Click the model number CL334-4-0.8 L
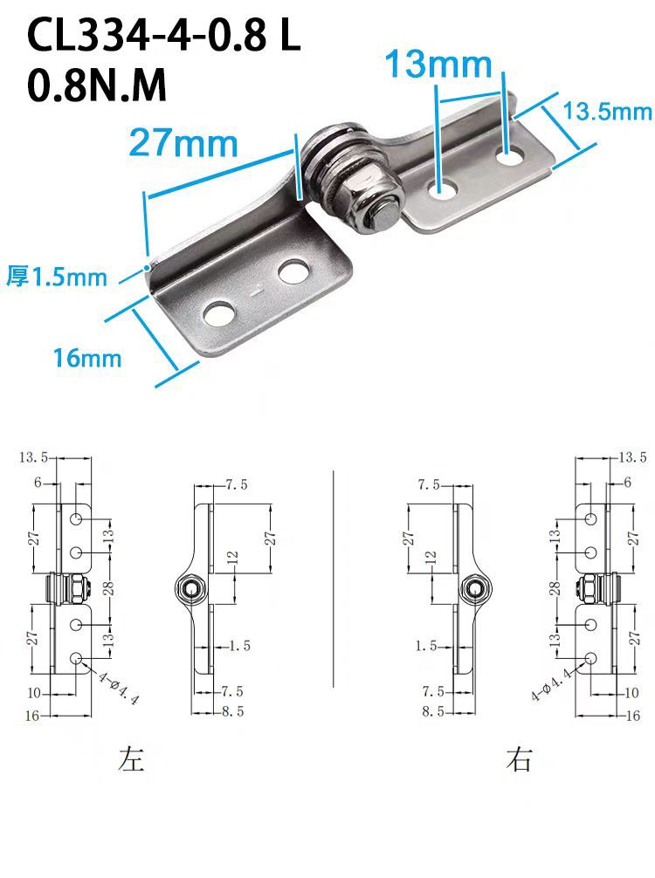[x=163, y=35]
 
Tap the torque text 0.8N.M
[x=97, y=86]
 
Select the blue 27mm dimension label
[x=183, y=143]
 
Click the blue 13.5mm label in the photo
[x=607, y=111]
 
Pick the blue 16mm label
[x=86, y=358]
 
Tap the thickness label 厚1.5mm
[x=57, y=277]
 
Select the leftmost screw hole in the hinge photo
[x=218, y=314]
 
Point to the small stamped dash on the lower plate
[x=256, y=292]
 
